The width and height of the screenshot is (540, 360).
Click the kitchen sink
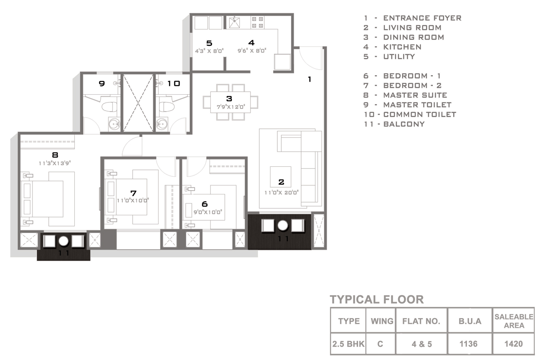coord(234,22)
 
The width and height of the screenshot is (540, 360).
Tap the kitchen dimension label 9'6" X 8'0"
coord(252,51)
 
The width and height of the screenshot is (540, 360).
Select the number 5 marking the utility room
coord(209,43)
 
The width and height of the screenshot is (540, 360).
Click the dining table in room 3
coord(230,102)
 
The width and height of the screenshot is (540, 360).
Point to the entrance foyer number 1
coord(310,80)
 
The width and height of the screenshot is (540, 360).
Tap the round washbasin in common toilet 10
coord(162,124)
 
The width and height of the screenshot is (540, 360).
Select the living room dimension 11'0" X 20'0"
coord(282,193)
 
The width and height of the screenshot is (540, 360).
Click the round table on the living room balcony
coord(283,226)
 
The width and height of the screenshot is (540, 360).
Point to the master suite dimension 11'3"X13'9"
coord(55,163)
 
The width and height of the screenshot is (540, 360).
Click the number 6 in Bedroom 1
coord(205,204)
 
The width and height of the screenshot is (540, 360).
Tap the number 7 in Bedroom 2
coord(133,193)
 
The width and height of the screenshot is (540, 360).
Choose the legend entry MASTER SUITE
coord(415,95)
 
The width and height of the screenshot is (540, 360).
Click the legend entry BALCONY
coord(404,124)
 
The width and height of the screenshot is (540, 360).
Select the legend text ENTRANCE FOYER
coord(422,18)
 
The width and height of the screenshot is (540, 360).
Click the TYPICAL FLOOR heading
coord(377,299)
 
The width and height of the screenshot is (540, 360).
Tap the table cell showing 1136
coord(468,344)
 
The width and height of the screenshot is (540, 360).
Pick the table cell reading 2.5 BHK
coord(348,344)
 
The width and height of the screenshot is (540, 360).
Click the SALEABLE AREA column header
coord(514,321)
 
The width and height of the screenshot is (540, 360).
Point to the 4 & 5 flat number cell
coord(422,344)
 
